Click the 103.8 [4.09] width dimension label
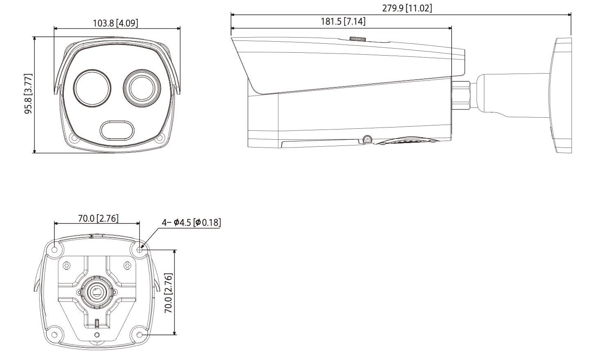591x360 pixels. tap(116, 23)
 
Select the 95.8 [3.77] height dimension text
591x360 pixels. tap(28, 94)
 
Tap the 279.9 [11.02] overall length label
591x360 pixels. tap(407, 8)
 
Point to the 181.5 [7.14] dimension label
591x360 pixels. tap(343, 21)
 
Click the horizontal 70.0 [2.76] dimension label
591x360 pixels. tap(98, 218)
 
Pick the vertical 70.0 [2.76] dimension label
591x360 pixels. tap(168, 293)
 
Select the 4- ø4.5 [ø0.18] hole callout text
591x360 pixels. tap(191, 222)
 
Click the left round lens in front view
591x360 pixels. tap(92, 89)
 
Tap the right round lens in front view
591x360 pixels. tap(142, 89)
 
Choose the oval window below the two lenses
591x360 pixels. tap(117, 130)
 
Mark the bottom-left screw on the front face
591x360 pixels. tap(74, 139)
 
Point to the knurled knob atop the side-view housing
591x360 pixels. tap(357, 39)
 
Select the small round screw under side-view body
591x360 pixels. tap(367, 139)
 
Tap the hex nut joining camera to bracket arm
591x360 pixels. tap(461, 94)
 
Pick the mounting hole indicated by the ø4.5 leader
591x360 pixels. tap(139, 248)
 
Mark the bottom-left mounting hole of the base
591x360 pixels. tap(54, 335)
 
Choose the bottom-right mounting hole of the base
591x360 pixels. tap(140, 335)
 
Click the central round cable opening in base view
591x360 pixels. tap(97, 292)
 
